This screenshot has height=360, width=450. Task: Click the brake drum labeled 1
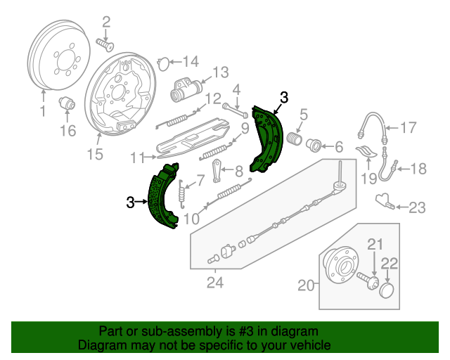click(59, 55)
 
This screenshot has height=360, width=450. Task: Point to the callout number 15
click(95, 154)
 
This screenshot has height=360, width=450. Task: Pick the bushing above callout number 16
click(67, 103)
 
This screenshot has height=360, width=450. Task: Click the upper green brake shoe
click(266, 139)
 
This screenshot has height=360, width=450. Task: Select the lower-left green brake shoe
click(163, 196)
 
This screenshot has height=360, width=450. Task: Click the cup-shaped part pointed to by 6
click(314, 146)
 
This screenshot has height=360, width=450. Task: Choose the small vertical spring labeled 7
click(181, 194)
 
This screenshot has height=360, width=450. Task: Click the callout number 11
click(138, 158)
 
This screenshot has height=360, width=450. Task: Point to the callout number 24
click(215, 283)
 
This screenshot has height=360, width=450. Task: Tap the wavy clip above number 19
click(366, 151)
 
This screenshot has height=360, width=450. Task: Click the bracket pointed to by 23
click(385, 201)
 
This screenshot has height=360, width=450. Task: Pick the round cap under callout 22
click(387, 290)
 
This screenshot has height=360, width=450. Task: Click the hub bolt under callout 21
click(368, 281)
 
